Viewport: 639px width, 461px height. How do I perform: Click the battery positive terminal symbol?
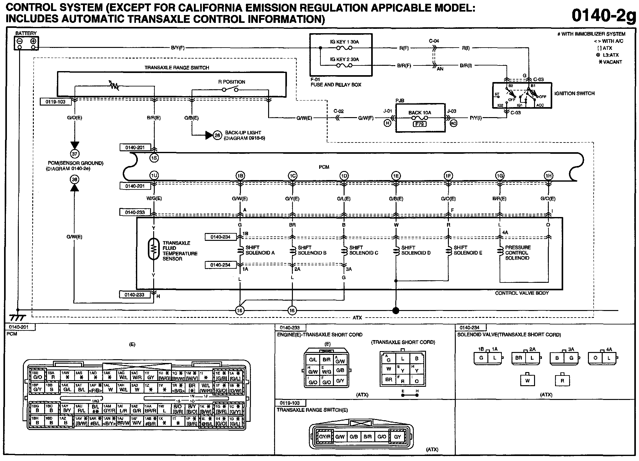pos(33,41)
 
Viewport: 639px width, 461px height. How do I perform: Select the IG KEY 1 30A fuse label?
pos(344,42)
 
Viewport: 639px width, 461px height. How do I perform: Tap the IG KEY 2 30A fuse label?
pos(344,59)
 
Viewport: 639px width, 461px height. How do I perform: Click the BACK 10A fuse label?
pos(419,112)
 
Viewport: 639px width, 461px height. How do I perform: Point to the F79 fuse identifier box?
pos(419,124)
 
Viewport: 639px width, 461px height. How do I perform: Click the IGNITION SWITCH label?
pos(574,93)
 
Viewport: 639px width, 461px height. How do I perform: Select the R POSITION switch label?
pos(231,82)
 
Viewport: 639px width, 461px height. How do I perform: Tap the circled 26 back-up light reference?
pos(217,135)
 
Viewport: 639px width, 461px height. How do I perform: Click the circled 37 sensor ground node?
pos(75,154)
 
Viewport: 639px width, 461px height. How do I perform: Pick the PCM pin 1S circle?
pos(154,158)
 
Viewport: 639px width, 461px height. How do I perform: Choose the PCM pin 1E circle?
pos(396,176)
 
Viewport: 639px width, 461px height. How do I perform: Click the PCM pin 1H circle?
pos(548,176)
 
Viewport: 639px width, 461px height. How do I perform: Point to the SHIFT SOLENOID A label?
pos(260,250)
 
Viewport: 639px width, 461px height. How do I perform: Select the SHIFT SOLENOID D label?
pos(416,250)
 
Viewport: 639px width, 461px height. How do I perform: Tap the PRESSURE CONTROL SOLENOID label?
pos(518,252)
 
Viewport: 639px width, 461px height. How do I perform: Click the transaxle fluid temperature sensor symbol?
pos(153,249)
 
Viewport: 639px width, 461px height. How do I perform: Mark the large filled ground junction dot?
pos(396,310)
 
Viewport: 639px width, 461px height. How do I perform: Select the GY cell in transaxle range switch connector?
pos(397,437)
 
